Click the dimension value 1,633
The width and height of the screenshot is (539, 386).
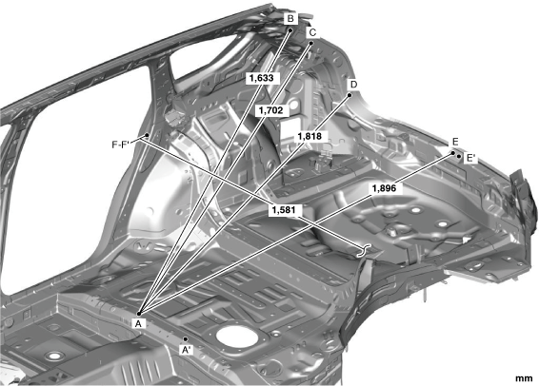pos(262,78)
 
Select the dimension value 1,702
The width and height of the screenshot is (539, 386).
pos(270,110)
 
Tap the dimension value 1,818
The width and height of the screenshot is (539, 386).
pos(309,136)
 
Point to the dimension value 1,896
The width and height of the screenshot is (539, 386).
pos(384,188)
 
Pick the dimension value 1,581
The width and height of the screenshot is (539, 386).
pos(284,210)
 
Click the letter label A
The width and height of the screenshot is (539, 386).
pos(138,323)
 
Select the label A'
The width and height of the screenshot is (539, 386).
pos(187,350)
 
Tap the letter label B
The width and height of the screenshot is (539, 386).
pos(290,18)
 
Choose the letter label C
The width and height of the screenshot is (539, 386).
pos(312,32)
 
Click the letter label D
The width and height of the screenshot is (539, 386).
pos(353,85)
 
